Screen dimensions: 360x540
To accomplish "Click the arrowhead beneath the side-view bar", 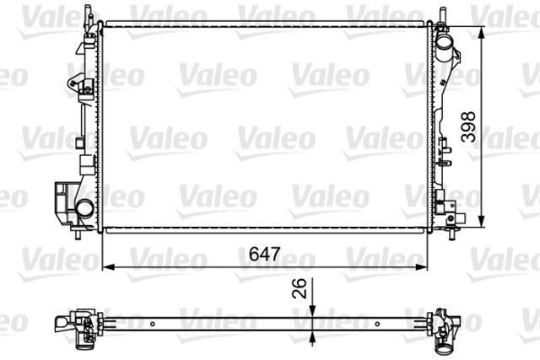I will click(x=313, y=335).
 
